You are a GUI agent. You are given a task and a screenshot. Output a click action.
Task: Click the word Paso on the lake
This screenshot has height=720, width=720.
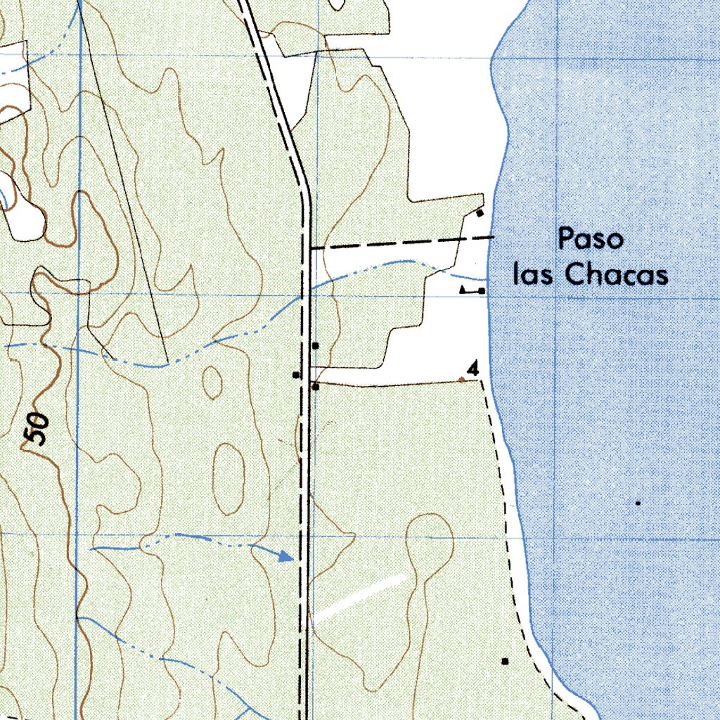pyautogui.click(x=591, y=240)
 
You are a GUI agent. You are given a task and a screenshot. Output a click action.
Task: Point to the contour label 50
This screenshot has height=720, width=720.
pyautogui.click(x=37, y=428)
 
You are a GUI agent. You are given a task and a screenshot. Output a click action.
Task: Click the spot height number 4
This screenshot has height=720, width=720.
pyautogui.click(x=473, y=368)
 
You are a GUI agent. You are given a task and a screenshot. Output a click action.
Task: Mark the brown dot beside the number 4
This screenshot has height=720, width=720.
pyautogui.click(x=461, y=380)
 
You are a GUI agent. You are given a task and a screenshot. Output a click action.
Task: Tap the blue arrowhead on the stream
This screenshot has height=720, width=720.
pyautogui.click(x=285, y=556)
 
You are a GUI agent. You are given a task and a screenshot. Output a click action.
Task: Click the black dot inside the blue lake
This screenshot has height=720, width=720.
pyautogui.click(x=638, y=503)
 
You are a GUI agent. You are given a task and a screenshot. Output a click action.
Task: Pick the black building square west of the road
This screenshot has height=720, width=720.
pyautogui.click(x=297, y=375)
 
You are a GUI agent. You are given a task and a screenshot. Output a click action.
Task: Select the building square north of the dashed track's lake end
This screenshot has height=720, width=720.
pyautogui.click(x=480, y=212)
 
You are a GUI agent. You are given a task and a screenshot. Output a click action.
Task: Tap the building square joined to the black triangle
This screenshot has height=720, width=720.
pyautogui.click(x=482, y=290)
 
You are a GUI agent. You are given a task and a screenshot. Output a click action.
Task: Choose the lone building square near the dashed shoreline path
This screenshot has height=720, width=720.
pyautogui.click(x=504, y=661)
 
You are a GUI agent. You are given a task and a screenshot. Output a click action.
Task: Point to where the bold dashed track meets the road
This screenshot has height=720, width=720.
pyautogui.click(x=310, y=248)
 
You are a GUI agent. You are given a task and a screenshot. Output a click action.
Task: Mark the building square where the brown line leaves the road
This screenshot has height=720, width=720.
pyautogui.click(x=316, y=387)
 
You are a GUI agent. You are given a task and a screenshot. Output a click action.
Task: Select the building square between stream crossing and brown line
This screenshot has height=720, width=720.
pyautogui.click(x=316, y=345)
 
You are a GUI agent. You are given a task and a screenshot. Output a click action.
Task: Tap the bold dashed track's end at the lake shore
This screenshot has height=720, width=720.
pyautogui.click(x=491, y=238)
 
